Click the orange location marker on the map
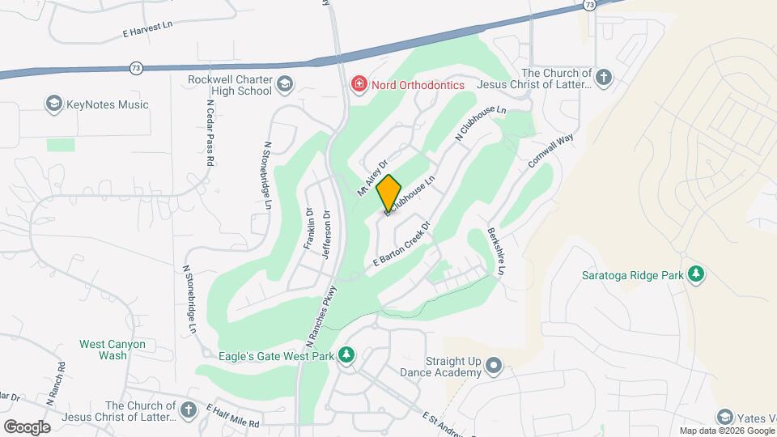389,193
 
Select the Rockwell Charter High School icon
285,84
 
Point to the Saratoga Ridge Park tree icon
694,274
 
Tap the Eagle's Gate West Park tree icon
346,354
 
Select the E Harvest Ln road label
148,26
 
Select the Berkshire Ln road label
495,252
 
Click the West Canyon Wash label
113,350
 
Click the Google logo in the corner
27,426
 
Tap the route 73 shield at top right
589,5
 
